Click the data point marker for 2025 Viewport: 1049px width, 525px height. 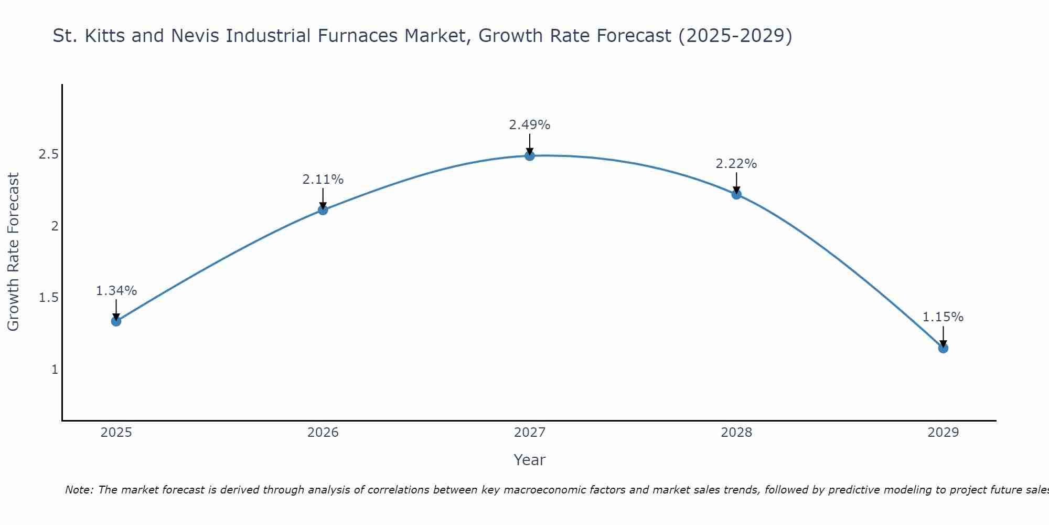pyautogui.click(x=116, y=321)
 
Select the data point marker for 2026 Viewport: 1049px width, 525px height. pyautogui.click(x=323, y=210)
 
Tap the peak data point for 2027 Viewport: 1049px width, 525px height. pyautogui.click(x=530, y=155)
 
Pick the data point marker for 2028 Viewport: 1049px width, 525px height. pyautogui.click(x=736, y=194)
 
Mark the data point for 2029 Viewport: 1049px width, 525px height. pyautogui.click(x=943, y=348)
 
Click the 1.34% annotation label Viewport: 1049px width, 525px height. pyautogui.click(x=116, y=291)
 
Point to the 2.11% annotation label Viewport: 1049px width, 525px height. pyautogui.click(x=323, y=180)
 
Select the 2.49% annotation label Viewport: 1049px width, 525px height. pyautogui.click(x=530, y=125)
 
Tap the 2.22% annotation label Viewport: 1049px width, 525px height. pyautogui.click(x=736, y=164)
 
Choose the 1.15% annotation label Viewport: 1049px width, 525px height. pyautogui.click(x=943, y=317)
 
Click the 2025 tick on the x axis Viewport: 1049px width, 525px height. pyautogui.click(x=116, y=433)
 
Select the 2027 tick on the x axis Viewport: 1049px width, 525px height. pyautogui.click(x=530, y=433)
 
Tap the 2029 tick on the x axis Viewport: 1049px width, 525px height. pyautogui.click(x=943, y=433)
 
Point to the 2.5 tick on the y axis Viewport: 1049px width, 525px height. pyautogui.click(x=48, y=154)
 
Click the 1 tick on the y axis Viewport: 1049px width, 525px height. pyautogui.click(x=55, y=370)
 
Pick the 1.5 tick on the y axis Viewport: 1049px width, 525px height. pyautogui.click(x=48, y=298)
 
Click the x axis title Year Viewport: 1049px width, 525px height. pyautogui.click(x=530, y=460)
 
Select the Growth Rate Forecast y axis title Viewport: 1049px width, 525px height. pyautogui.click(x=13, y=252)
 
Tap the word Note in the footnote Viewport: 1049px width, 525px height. pyautogui.click(x=78, y=490)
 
